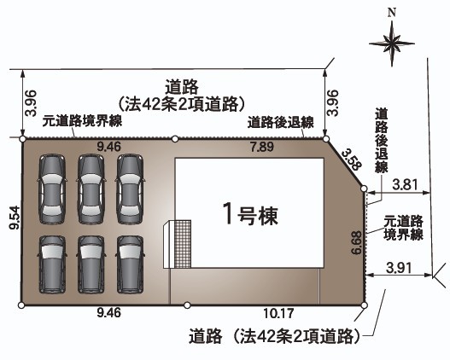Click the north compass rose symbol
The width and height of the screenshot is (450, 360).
point(391,44)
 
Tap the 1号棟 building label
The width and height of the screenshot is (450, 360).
point(251,214)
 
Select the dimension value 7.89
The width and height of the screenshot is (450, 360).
point(262,147)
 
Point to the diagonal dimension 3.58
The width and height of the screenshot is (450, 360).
point(352,160)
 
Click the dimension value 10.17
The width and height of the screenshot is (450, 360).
point(278,313)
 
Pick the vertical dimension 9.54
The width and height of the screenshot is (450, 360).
point(15,218)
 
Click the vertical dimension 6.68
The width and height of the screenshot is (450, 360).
point(357,242)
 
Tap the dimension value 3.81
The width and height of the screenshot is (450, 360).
point(405,184)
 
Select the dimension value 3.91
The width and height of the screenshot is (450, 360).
point(399,268)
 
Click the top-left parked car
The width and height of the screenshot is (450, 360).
point(52,189)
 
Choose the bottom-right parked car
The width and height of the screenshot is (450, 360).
point(130,264)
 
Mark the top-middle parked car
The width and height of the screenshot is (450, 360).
point(91,189)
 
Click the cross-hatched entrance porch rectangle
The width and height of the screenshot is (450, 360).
point(183,244)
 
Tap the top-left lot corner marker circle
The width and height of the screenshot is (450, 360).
point(22,139)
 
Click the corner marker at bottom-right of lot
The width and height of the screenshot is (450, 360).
point(364,305)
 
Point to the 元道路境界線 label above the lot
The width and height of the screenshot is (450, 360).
point(82,121)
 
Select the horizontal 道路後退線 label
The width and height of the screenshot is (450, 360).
point(281,122)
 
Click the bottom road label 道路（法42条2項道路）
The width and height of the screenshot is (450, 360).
point(274,336)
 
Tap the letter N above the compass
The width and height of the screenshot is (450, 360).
point(392,13)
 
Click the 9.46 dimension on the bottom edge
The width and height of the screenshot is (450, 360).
point(109,312)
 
